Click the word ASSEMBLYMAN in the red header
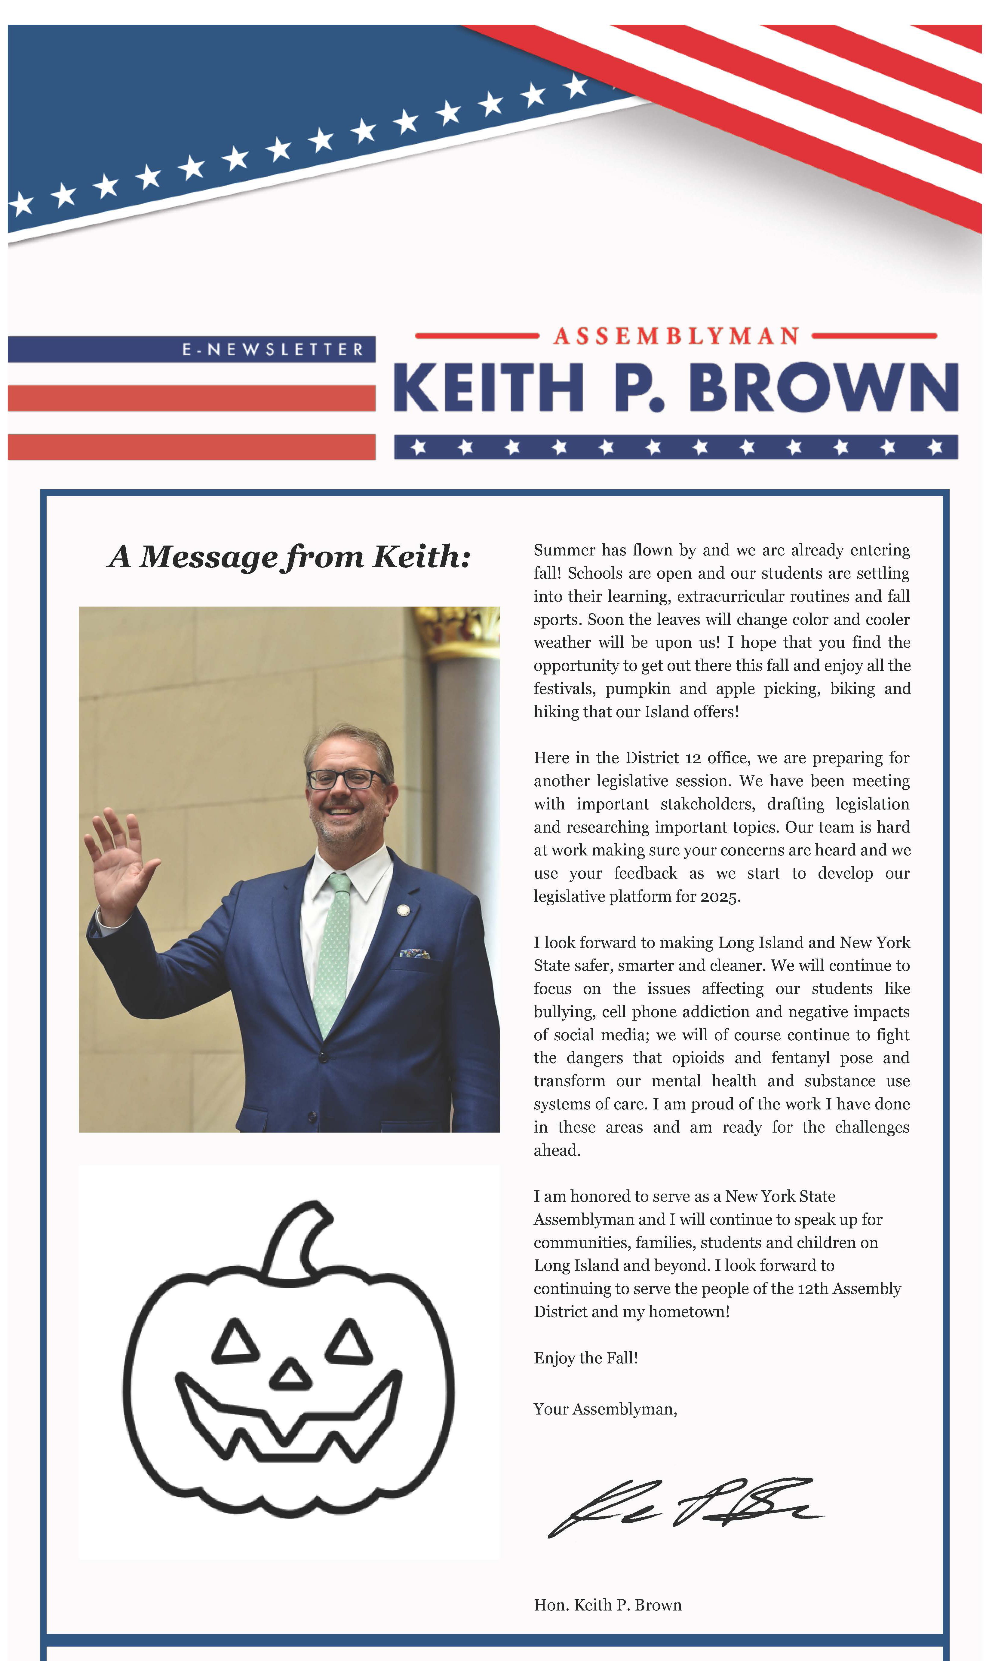[676, 336]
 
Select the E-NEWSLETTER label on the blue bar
[272, 349]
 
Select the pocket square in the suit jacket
[415, 954]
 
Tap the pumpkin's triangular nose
[290, 1375]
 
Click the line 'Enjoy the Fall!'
[585, 1358]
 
